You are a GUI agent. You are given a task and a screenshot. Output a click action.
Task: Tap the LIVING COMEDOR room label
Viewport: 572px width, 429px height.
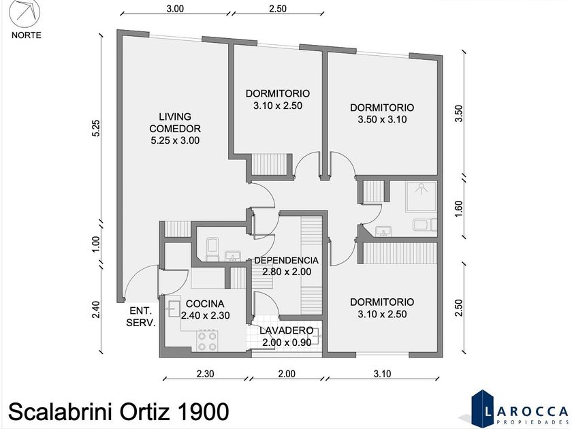pyautogui.click(x=175, y=123)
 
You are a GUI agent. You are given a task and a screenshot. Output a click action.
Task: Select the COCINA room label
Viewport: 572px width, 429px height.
pyautogui.click(x=205, y=304)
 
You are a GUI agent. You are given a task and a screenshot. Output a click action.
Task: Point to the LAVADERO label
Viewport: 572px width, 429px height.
pyautogui.click(x=287, y=330)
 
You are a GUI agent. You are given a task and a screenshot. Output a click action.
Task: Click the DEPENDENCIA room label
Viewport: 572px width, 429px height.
pyautogui.click(x=287, y=260)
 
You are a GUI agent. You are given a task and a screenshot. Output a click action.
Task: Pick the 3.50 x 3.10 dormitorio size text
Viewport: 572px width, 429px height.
pyautogui.click(x=382, y=120)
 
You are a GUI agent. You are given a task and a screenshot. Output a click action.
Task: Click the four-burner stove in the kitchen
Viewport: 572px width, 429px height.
pyautogui.click(x=207, y=340)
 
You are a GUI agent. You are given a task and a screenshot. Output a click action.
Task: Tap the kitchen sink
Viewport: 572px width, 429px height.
pyautogui.click(x=173, y=309)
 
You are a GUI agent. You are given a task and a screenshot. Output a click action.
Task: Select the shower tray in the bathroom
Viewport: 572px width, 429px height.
pyautogui.click(x=422, y=196)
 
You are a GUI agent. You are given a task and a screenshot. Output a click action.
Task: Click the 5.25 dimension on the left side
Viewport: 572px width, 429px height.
pyautogui.click(x=95, y=128)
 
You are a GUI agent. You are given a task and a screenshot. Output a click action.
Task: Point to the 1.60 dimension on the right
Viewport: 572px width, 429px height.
pyautogui.click(x=459, y=209)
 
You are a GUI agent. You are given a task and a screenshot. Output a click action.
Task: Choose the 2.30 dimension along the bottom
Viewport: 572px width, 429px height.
pyautogui.click(x=205, y=374)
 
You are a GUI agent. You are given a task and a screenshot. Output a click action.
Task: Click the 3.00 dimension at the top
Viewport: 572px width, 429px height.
pyautogui.click(x=175, y=9)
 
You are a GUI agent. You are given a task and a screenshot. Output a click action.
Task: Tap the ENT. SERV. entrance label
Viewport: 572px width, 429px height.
pyautogui.click(x=141, y=317)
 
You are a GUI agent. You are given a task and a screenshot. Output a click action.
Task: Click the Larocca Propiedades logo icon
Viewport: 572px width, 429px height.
pyautogui.click(x=481, y=408)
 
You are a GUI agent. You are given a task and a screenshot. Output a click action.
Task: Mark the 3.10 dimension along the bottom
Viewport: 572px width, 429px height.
pyautogui.click(x=382, y=374)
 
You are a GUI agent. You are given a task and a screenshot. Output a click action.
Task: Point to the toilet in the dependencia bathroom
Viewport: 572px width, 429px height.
pyautogui.click(x=212, y=249)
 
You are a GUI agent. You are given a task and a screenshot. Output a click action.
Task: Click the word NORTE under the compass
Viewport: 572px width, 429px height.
pyautogui.click(x=27, y=35)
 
